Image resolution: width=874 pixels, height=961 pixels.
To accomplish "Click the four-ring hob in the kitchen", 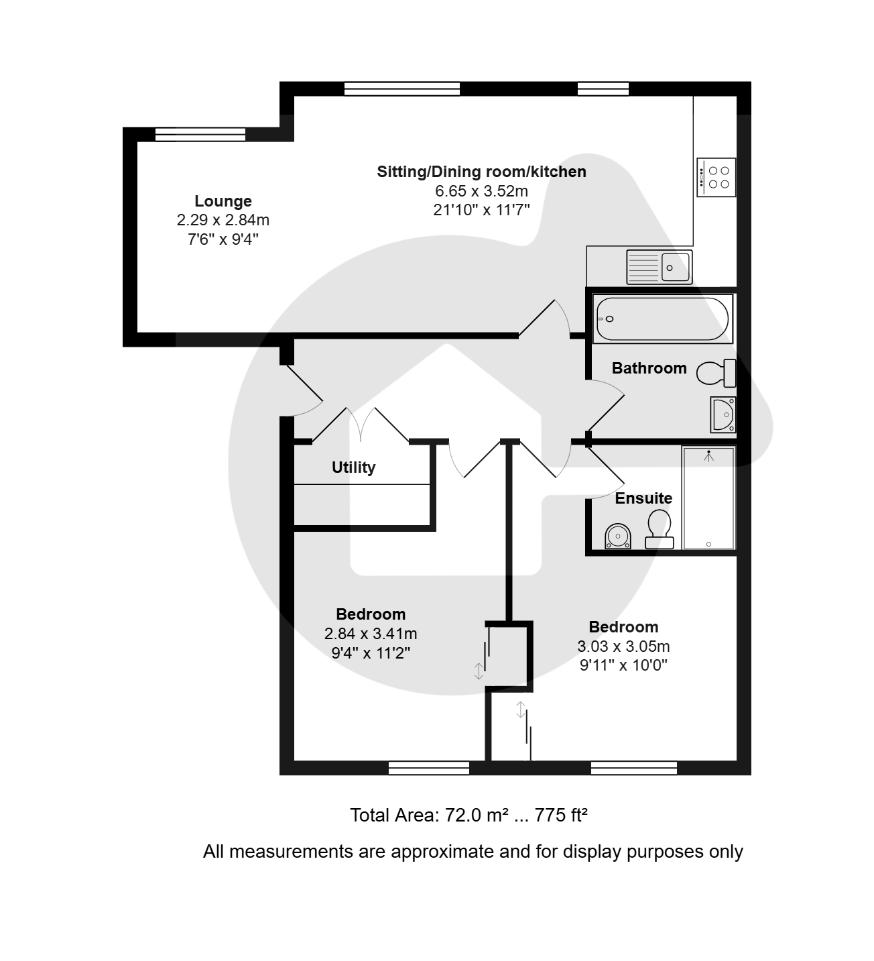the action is [716, 177].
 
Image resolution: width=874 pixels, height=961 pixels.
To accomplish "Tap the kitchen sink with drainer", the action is [659, 267].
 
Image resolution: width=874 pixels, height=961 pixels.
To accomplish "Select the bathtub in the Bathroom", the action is [663, 319].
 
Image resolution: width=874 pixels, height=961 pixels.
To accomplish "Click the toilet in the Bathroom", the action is [716, 373].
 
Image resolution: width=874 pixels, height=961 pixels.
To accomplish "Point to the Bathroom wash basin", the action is [723, 414].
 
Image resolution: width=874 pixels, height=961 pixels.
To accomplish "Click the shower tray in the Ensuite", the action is [708, 498].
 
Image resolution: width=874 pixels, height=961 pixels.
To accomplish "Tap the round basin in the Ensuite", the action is [618, 536].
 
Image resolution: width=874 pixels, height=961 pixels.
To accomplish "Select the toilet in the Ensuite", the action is [660, 529].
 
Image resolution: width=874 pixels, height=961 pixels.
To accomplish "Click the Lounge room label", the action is [223, 201].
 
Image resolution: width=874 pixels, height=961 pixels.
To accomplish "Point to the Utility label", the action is [353, 467].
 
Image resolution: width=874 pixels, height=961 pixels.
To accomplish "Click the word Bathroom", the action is [649, 368].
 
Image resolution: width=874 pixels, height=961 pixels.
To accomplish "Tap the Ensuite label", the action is [643, 498].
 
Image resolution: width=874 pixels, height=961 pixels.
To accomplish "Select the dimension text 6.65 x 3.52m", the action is [481, 191].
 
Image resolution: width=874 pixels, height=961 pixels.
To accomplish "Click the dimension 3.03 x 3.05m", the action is [623, 646].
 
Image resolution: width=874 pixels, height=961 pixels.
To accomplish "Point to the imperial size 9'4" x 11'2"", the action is [371, 653].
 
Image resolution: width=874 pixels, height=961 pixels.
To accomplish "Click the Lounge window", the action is [200, 135].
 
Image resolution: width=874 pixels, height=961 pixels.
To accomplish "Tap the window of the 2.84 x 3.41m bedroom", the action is [428, 767].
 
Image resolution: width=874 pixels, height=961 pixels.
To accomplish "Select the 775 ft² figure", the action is [561, 815].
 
